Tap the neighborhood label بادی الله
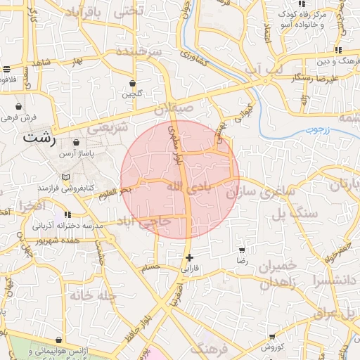click(188, 186)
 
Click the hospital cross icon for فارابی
click(189, 257)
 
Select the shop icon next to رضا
click(243, 250)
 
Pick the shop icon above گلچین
click(132, 82)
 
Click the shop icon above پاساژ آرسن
click(76, 142)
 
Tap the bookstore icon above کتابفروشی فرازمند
click(66, 177)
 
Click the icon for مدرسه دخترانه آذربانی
click(67, 214)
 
